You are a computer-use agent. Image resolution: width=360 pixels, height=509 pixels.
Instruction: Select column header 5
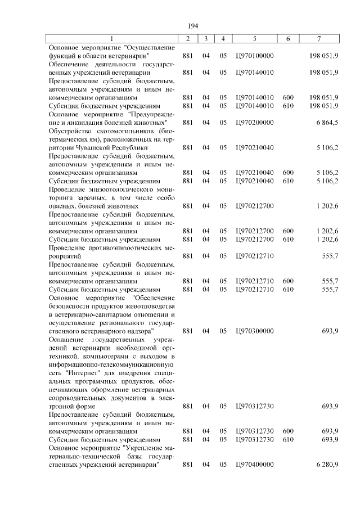(255, 39)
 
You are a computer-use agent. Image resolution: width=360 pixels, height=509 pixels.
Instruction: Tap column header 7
(319, 39)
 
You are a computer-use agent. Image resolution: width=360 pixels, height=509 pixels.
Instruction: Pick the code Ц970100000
(255, 56)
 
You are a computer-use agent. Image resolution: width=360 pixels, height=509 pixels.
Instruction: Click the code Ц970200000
(255, 122)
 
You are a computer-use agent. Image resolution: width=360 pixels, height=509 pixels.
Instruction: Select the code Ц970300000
(255, 331)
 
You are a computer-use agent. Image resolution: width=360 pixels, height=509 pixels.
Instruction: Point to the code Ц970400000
(255, 465)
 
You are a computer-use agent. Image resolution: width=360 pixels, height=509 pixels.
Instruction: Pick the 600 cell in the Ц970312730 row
(288, 431)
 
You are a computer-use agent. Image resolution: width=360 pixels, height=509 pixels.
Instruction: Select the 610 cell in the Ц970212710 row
(288, 289)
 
